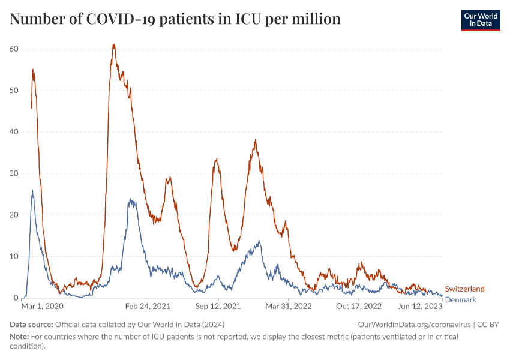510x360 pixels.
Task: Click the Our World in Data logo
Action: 481,20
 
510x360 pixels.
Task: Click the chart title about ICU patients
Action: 175,19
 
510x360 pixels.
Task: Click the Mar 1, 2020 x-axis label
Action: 43,306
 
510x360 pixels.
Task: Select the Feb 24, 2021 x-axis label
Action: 148,306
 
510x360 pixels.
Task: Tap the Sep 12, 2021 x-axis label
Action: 218,306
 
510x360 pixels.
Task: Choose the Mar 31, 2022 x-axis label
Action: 289,306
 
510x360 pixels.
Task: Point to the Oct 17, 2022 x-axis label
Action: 359,306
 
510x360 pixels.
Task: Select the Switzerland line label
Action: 464,289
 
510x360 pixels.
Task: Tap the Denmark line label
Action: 460,299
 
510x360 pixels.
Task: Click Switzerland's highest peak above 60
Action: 113,44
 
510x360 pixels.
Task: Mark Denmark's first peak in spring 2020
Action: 32,191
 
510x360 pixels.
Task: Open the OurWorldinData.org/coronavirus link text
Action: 414,324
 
